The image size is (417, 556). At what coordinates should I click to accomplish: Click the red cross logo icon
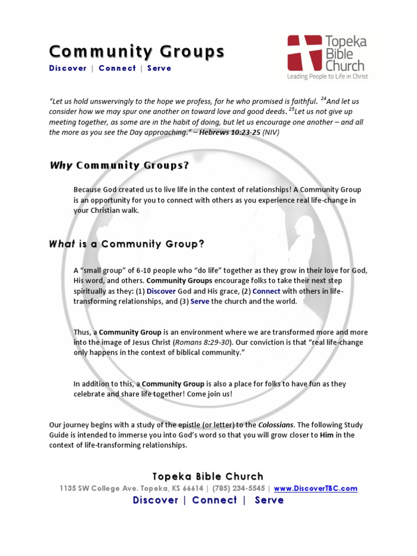[304, 53]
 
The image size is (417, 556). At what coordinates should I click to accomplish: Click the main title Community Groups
[137, 52]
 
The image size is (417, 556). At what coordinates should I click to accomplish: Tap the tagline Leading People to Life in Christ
[327, 77]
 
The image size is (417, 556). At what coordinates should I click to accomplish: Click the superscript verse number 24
[324, 99]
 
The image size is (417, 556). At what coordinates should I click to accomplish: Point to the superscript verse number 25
[292, 109]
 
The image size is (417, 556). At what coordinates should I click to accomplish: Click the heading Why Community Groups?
[119, 166]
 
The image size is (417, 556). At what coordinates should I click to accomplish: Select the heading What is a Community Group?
[127, 244]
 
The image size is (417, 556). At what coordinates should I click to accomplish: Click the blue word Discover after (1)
[161, 291]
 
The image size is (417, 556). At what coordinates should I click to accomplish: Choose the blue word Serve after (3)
[200, 301]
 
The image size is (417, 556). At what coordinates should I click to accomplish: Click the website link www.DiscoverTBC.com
[315, 488]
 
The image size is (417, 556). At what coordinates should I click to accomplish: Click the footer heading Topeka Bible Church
[208, 476]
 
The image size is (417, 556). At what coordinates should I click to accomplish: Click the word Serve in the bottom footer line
[269, 500]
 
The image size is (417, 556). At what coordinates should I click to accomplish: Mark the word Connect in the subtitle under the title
[117, 68]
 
